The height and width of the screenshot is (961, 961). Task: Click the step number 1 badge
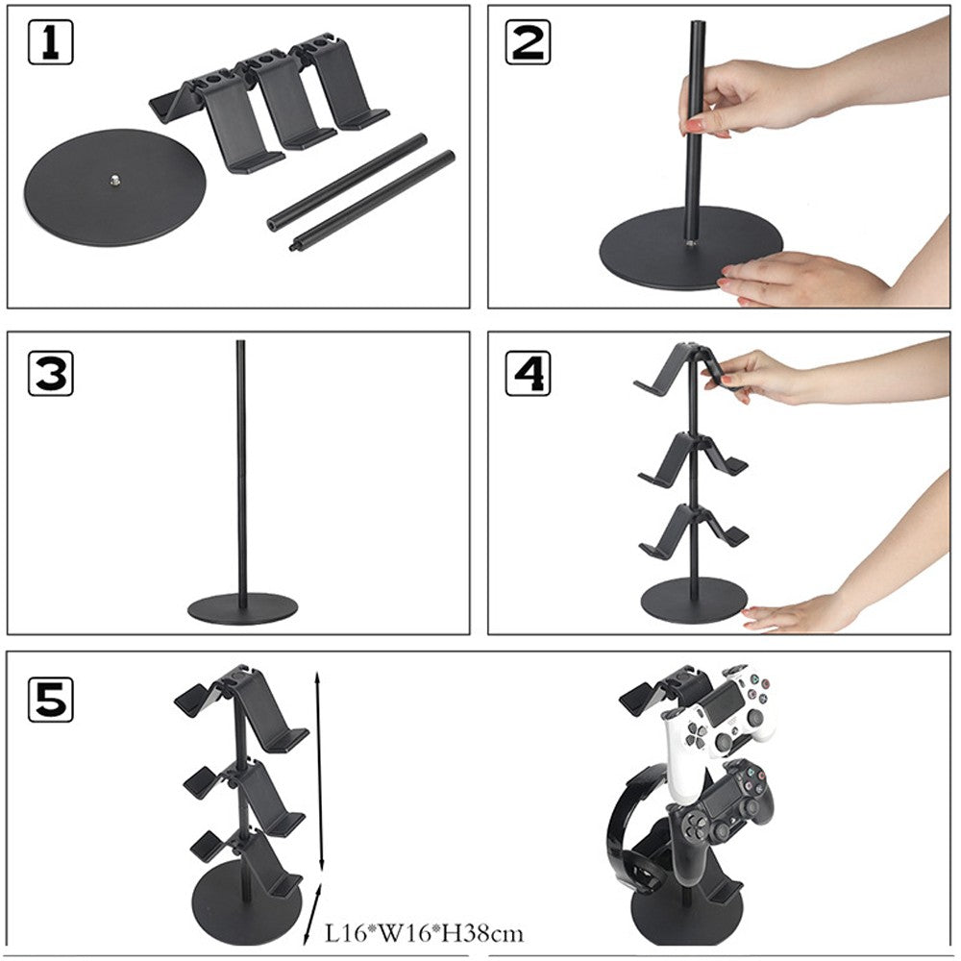51,43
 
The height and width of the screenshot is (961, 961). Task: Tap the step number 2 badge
530,43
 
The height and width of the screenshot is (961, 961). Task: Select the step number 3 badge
51,372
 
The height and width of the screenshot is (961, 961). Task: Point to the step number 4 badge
530,372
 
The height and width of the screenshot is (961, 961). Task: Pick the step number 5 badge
51,699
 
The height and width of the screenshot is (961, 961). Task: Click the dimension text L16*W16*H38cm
424,931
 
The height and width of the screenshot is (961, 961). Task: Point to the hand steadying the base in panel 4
798,611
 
